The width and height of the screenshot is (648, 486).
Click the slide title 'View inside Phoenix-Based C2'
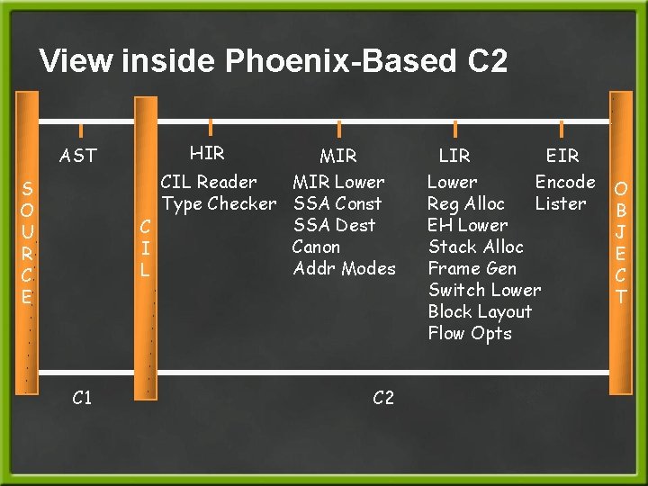coord(274,61)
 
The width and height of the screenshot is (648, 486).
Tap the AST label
coord(77,156)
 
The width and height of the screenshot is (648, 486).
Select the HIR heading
coord(207,153)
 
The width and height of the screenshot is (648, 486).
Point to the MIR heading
coord(337,156)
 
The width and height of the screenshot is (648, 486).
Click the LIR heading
coord(454,156)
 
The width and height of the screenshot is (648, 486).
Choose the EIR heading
coord(562,156)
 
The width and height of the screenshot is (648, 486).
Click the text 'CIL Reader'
coord(208,182)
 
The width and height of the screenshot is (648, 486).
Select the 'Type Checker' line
coord(219,203)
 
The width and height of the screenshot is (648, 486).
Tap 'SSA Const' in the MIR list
coord(337,203)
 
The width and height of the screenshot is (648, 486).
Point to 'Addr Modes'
coord(344,268)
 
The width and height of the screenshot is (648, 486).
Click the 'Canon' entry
coord(316,247)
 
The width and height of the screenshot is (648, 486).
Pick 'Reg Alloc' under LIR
coord(465,203)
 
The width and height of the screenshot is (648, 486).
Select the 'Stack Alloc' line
coord(475,247)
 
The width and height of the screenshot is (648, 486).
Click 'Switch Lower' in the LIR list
coord(484,290)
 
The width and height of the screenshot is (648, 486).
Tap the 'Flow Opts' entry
coord(469,333)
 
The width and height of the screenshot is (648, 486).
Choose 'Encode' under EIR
coord(565,182)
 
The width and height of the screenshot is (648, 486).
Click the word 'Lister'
coord(560,203)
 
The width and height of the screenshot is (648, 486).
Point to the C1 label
coord(81,398)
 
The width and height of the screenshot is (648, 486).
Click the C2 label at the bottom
coord(382,398)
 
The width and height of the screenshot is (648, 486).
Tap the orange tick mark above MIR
coord(338,129)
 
